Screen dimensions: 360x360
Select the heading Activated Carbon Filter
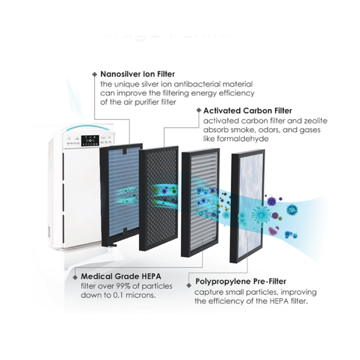[247, 111]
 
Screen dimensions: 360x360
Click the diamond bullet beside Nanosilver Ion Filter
[94, 74]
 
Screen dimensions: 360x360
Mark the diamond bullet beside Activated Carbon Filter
[198, 111]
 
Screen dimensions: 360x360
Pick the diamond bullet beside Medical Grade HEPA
[74, 275]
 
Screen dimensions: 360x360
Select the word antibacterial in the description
[205, 84]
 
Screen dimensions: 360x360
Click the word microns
[144, 296]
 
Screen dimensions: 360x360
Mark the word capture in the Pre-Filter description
[207, 292]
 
